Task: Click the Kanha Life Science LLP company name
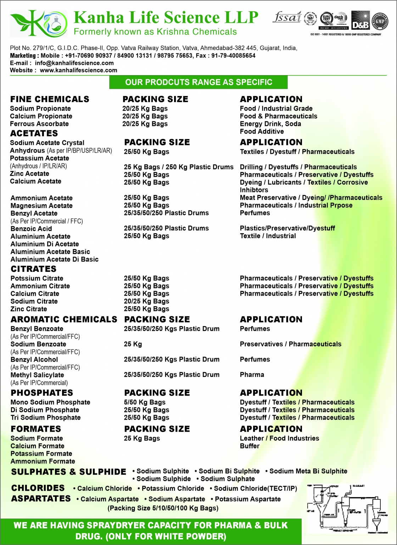(x=166, y=17)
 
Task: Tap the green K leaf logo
(x=38, y=23)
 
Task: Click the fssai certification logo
(x=287, y=17)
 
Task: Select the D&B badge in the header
(x=360, y=21)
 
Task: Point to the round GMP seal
(x=380, y=21)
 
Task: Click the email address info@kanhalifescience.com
(x=74, y=63)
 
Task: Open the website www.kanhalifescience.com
(x=78, y=70)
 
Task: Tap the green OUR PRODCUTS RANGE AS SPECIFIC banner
(x=198, y=82)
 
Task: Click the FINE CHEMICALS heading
(x=50, y=99)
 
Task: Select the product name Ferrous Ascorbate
(x=39, y=124)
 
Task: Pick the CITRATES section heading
(x=33, y=269)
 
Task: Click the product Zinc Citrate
(x=29, y=309)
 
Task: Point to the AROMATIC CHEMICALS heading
(x=64, y=319)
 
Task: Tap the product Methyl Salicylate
(x=37, y=375)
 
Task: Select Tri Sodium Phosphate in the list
(x=45, y=417)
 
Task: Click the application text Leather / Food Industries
(x=279, y=438)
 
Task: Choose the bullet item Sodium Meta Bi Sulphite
(x=308, y=471)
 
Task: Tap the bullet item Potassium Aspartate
(x=247, y=499)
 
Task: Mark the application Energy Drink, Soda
(x=270, y=124)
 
